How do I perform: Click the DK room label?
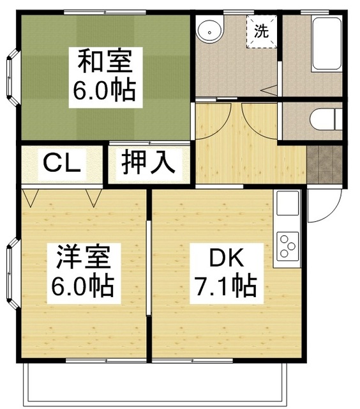coord(226,258)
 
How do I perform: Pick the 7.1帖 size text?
coord(226,285)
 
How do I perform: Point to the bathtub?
coord(326,45)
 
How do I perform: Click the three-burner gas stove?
coord(287,247)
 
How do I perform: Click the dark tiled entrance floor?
coord(325,162)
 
